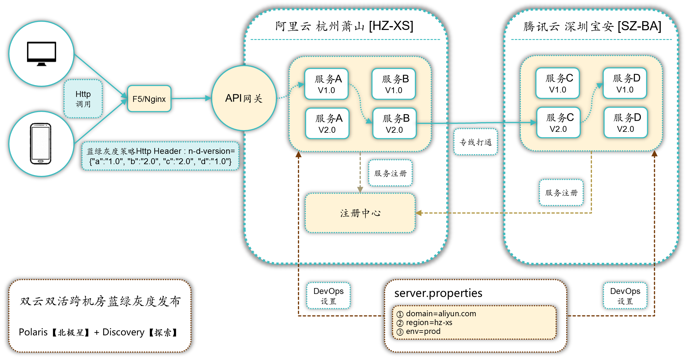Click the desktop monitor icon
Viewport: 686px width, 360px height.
pyautogui.click(x=41, y=53)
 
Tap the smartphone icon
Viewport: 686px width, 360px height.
pyautogui.click(x=41, y=144)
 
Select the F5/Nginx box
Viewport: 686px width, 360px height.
pyautogui.click(x=149, y=99)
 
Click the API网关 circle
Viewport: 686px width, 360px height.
pyautogui.click(x=244, y=98)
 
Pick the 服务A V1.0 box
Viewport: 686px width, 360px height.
pyautogui.click(x=326, y=84)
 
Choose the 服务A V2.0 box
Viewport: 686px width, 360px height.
pyautogui.click(x=327, y=123)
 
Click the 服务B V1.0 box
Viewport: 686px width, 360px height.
pyautogui.click(x=394, y=84)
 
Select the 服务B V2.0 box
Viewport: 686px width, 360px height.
pyautogui.click(x=394, y=123)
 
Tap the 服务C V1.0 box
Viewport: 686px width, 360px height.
pyautogui.click(x=558, y=83)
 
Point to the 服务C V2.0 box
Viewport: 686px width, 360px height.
pyautogui.click(x=558, y=122)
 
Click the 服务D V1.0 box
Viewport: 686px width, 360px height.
pyautogui.click(x=625, y=83)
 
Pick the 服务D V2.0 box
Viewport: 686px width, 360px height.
pyautogui.click(x=626, y=122)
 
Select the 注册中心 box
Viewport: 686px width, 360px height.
pyautogui.click(x=360, y=213)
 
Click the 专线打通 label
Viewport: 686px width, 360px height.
pyautogui.click(x=475, y=142)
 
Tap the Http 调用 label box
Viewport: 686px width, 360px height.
pyautogui.click(x=83, y=99)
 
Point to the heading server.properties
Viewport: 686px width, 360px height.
pyautogui.click(x=438, y=293)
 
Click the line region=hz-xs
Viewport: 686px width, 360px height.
pyautogui.click(x=429, y=322)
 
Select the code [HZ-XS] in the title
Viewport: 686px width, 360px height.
pyautogui.click(x=391, y=26)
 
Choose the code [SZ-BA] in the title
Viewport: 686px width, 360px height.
pyautogui.click(x=639, y=26)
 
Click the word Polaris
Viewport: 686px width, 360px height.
pyautogui.click(x=33, y=332)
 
